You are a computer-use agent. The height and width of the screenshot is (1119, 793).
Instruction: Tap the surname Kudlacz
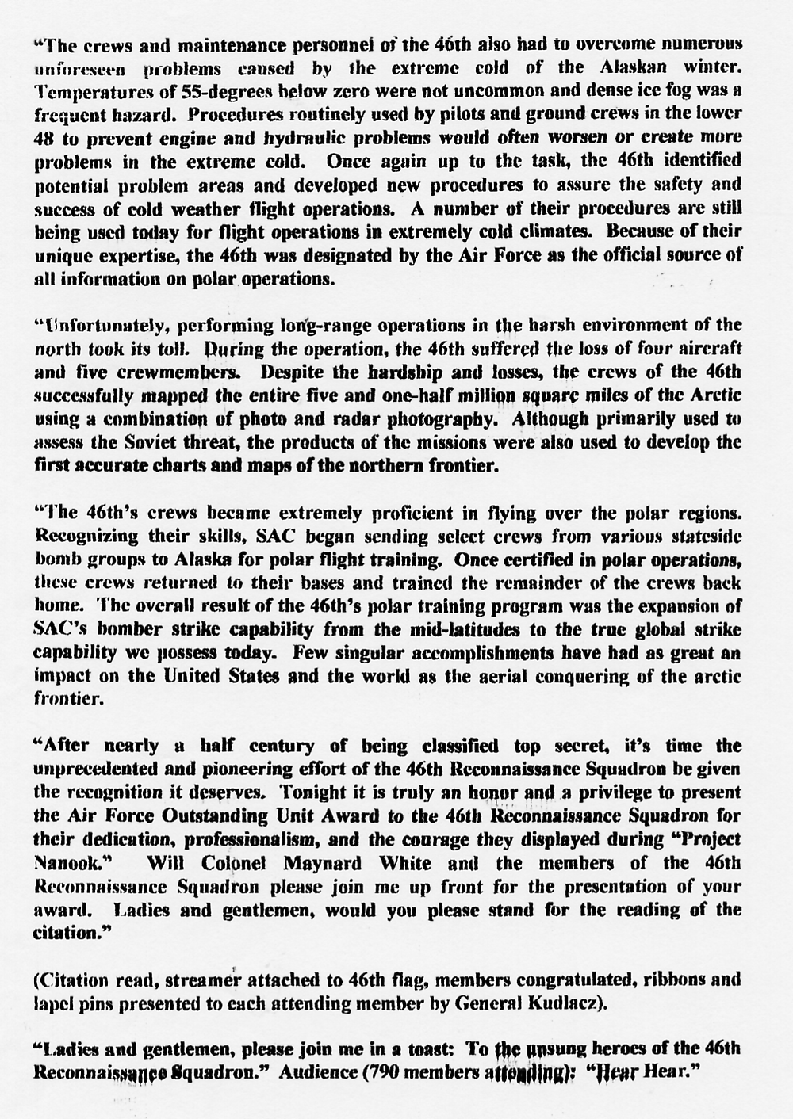point(569,1002)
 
